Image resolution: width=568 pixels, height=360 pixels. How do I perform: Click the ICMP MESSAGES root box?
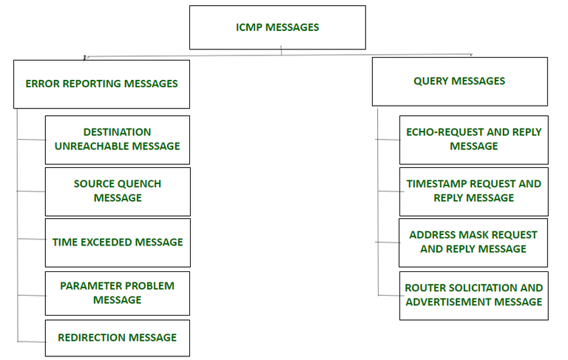click(x=277, y=27)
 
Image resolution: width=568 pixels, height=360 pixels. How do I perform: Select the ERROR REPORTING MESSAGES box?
click(x=101, y=84)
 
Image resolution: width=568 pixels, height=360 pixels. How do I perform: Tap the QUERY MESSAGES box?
click(x=459, y=81)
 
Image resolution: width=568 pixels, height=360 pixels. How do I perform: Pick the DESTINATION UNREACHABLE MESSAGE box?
click(x=117, y=139)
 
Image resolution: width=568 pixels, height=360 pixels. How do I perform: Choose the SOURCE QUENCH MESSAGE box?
click(x=117, y=191)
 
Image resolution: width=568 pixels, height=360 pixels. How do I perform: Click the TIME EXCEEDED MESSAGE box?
click(x=117, y=242)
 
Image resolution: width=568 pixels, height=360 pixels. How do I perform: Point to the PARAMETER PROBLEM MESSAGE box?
click(x=117, y=293)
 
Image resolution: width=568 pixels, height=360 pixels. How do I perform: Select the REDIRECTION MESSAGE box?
click(x=117, y=337)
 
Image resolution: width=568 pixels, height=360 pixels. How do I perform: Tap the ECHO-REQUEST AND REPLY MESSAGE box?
click(x=473, y=139)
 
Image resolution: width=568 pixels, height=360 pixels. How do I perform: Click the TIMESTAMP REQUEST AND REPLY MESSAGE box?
click(x=473, y=191)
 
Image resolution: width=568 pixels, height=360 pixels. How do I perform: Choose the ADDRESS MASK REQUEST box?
click(x=473, y=242)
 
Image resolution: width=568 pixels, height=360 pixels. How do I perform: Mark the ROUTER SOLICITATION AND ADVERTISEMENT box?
click(x=473, y=294)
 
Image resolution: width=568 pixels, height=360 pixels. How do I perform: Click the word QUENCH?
click(x=138, y=183)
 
